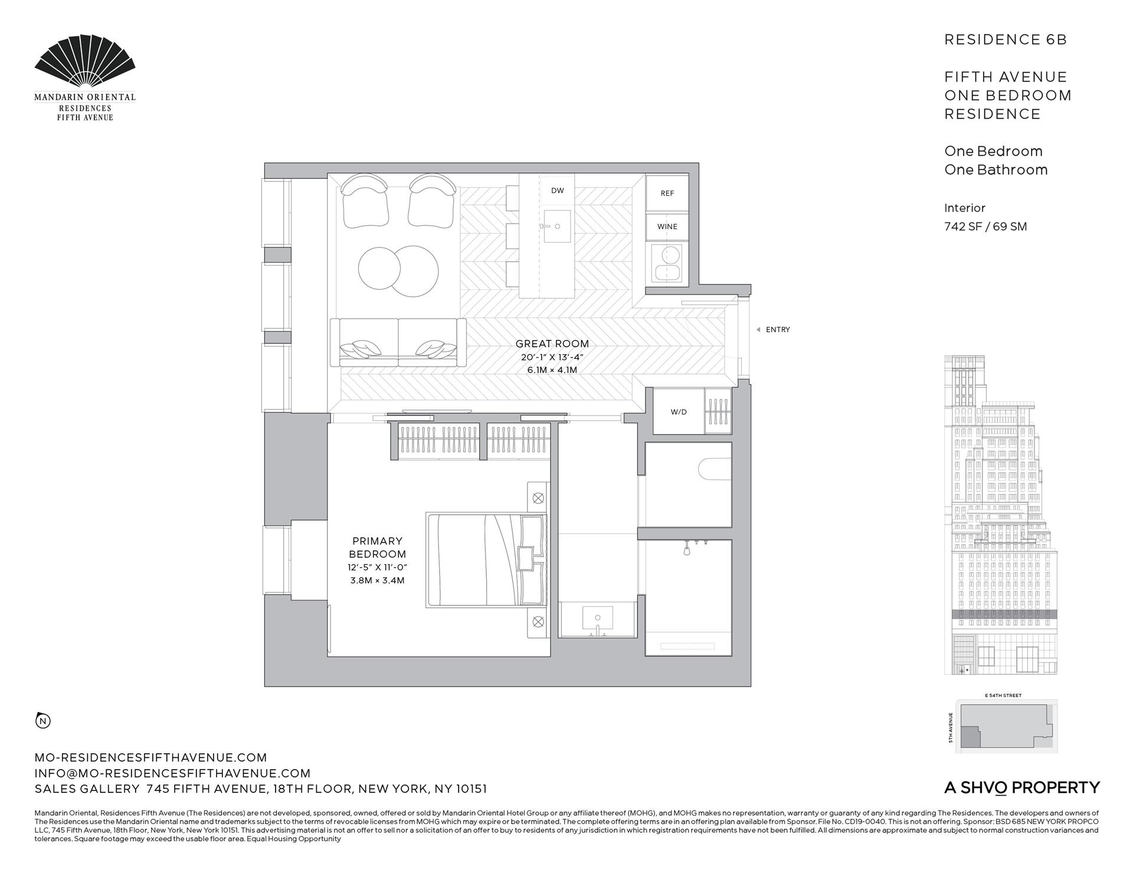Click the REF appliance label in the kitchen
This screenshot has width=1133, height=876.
667,193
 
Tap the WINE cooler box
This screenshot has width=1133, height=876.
667,227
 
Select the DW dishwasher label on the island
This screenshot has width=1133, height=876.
557,190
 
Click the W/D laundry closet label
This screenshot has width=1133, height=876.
678,412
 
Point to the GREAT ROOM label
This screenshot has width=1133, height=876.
552,344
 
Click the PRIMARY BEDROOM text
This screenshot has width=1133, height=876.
377,547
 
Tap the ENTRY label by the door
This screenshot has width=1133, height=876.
777,330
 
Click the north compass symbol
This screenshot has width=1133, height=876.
43,721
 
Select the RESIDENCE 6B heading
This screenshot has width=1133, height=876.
1006,40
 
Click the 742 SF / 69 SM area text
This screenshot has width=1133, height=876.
985,227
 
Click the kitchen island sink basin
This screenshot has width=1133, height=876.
557,226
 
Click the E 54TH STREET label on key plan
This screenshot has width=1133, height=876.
1003,695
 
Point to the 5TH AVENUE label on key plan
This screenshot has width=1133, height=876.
951,727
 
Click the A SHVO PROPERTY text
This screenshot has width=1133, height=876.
1021,787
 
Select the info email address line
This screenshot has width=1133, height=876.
172,773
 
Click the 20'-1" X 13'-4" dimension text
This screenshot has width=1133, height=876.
552,357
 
